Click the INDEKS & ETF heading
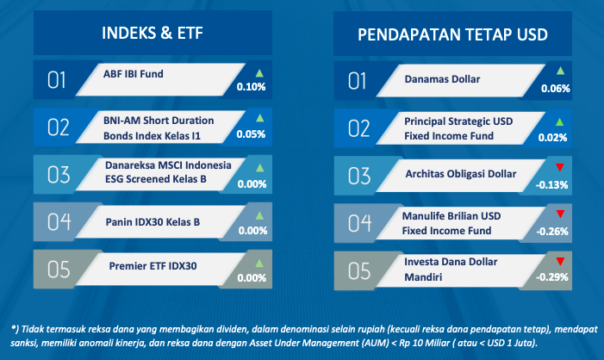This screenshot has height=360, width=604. pyautogui.click(x=153, y=33)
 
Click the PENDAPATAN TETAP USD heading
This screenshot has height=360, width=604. pyautogui.click(x=452, y=34)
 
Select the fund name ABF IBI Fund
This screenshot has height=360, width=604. pyautogui.click(x=134, y=74)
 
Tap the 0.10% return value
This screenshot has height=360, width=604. pyautogui.click(x=251, y=87)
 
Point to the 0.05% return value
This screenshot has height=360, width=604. pyautogui.click(x=251, y=134)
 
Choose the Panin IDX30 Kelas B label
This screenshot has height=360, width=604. pyautogui.click(x=153, y=222)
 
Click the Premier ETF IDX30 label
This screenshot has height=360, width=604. pyautogui.click(x=153, y=266)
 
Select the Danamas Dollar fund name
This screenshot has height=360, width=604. pyautogui.click(x=442, y=79)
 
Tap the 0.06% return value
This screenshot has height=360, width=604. pyautogui.click(x=556, y=89)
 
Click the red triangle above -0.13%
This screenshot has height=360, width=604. pyautogui.click(x=560, y=167)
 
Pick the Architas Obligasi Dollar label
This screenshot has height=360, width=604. pyautogui.click(x=461, y=174)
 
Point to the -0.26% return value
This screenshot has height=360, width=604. pyautogui.click(x=552, y=232)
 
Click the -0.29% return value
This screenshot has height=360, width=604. pyautogui.click(x=552, y=276)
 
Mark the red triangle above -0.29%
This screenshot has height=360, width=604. pyautogui.click(x=560, y=262)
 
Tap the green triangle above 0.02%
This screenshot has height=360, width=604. pyautogui.click(x=560, y=122)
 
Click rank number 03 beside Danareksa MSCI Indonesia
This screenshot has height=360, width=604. pyautogui.click(x=59, y=175)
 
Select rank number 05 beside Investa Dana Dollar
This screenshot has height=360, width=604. pyautogui.click(x=359, y=271)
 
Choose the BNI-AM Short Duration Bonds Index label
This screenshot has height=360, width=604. pyautogui.click(x=159, y=128)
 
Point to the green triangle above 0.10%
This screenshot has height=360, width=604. pyautogui.click(x=259, y=72)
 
